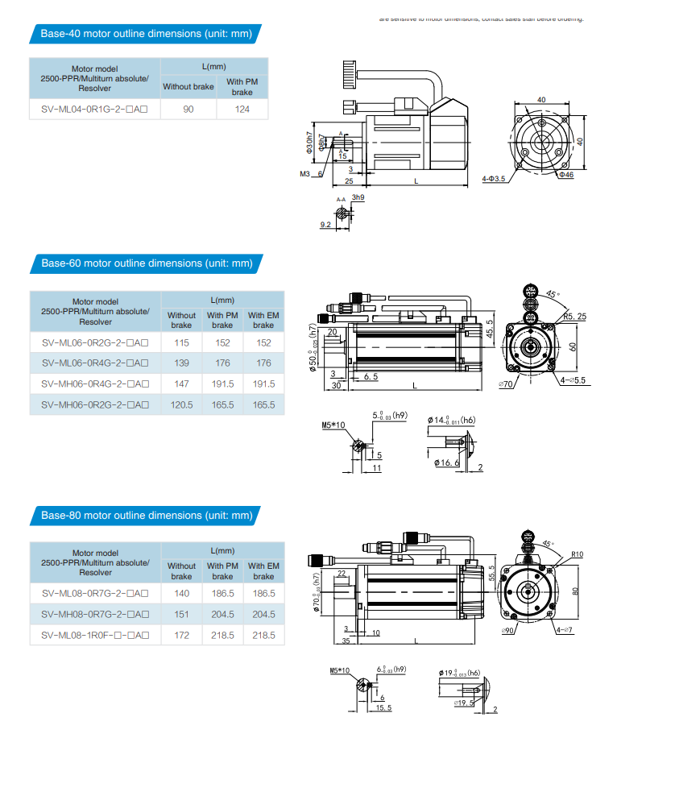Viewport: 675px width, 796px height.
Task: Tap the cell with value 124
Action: coord(242,109)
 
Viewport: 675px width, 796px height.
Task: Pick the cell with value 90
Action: coord(188,109)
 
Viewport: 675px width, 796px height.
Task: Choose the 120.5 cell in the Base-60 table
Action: coord(181,405)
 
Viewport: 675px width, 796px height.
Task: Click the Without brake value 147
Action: coord(181,384)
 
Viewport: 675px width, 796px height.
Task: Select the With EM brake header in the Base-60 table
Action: coord(263,320)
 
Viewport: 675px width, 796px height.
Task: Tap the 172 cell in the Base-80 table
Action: coord(181,635)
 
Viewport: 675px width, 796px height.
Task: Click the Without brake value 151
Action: coord(181,614)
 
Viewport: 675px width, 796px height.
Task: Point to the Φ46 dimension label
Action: coord(565,174)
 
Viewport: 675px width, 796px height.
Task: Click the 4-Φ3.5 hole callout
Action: coord(493,179)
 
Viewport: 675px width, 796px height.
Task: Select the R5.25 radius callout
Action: coord(574,317)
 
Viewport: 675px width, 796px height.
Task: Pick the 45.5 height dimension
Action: coord(490,329)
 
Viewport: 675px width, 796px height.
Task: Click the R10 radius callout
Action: coord(577,554)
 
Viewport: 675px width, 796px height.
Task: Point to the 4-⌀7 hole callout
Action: coord(564,629)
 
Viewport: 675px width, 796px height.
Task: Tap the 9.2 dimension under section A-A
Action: coord(325,225)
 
